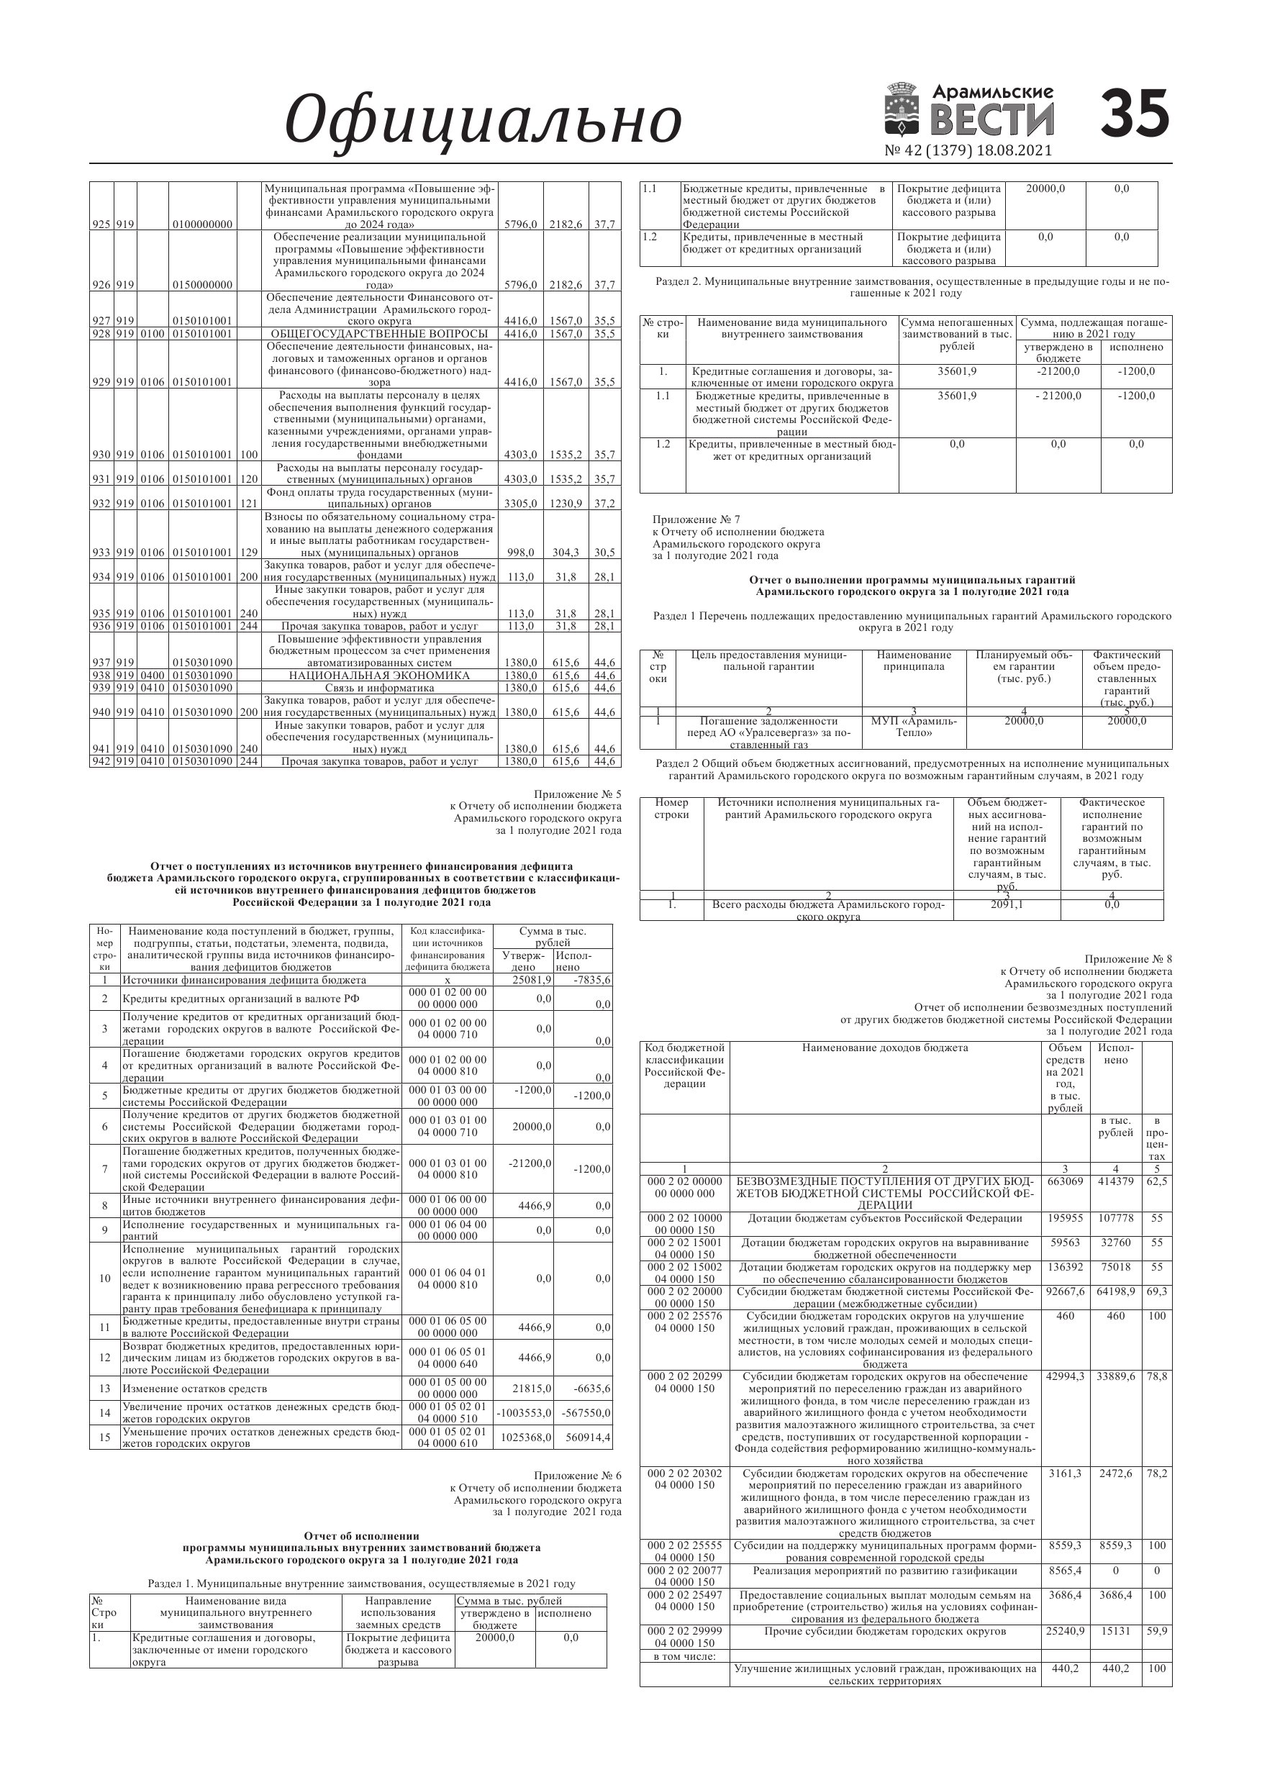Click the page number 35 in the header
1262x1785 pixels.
(1135, 114)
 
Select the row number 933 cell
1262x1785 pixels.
(101, 553)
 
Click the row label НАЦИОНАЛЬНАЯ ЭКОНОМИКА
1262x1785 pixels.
(379, 676)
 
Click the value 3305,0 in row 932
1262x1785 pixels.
(520, 504)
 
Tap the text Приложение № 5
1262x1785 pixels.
(577, 794)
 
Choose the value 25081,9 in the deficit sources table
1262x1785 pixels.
(532, 981)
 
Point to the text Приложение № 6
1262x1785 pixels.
(577, 1476)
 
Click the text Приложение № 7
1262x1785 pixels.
(696, 519)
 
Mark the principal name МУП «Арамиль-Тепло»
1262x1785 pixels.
(914, 727)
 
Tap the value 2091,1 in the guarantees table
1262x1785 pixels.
(1007, 905)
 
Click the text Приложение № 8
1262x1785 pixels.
(1128, 959)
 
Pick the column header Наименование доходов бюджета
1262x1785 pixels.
(885, 1048)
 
